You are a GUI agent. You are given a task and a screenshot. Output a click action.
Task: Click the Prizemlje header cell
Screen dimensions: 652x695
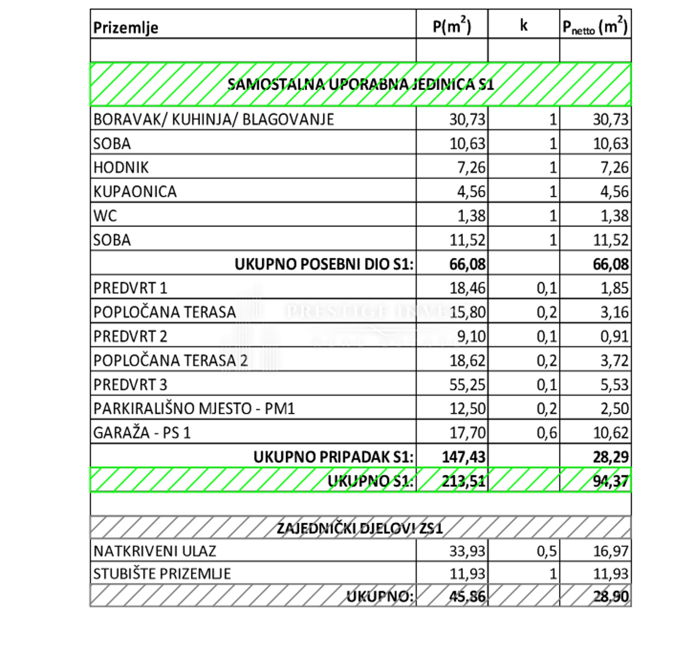point(126,27)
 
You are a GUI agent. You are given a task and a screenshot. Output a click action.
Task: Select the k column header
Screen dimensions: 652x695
point(523,25)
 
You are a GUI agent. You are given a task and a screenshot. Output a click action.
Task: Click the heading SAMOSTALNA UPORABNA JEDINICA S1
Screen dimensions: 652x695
point(360,84)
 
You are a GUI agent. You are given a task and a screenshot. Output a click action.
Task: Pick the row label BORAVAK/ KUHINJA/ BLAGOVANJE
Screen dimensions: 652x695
point(214,120)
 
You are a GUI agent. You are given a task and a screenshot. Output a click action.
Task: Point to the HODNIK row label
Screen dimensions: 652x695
point(121,168)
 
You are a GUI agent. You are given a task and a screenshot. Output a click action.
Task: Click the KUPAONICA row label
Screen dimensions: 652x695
point(135,191)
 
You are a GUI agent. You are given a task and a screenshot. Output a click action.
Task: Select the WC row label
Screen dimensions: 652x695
point(105,216)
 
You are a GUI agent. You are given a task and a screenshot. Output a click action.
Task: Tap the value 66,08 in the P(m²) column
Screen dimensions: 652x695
point(467,264)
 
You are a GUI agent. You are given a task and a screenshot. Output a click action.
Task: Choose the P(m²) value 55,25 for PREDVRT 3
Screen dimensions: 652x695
point(467,384)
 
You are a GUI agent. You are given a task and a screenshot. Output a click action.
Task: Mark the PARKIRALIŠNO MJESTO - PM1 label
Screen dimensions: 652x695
point(194,408)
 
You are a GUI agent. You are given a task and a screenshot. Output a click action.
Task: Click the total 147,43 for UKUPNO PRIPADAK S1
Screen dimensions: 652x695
point(464,457)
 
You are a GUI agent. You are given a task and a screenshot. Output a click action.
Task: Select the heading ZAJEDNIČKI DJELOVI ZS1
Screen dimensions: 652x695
point(360,528)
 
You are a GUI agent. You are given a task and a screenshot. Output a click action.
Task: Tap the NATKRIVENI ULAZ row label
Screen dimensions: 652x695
point(155,551)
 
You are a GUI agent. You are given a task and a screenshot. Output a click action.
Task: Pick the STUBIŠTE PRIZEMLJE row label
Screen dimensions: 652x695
point(162,574)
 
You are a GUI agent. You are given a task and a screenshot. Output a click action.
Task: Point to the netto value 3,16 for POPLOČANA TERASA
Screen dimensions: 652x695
point(614,312)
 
